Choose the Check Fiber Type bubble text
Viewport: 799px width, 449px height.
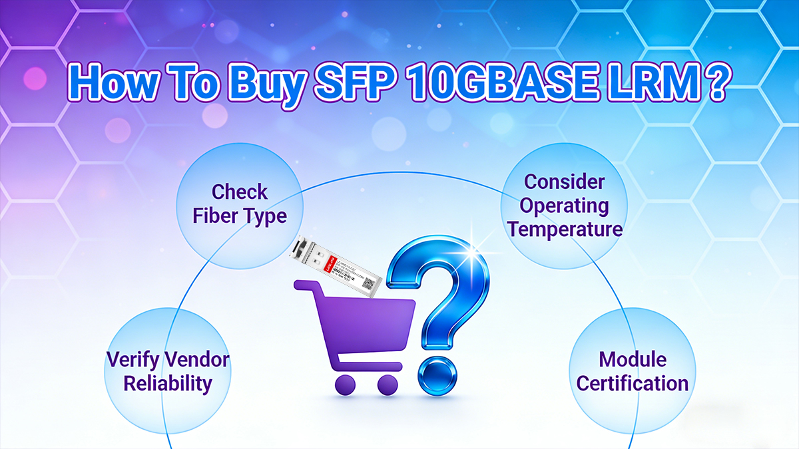click(240, 204)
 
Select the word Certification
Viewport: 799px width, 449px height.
click(632, 384)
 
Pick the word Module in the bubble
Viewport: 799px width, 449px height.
click(633, 360)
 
